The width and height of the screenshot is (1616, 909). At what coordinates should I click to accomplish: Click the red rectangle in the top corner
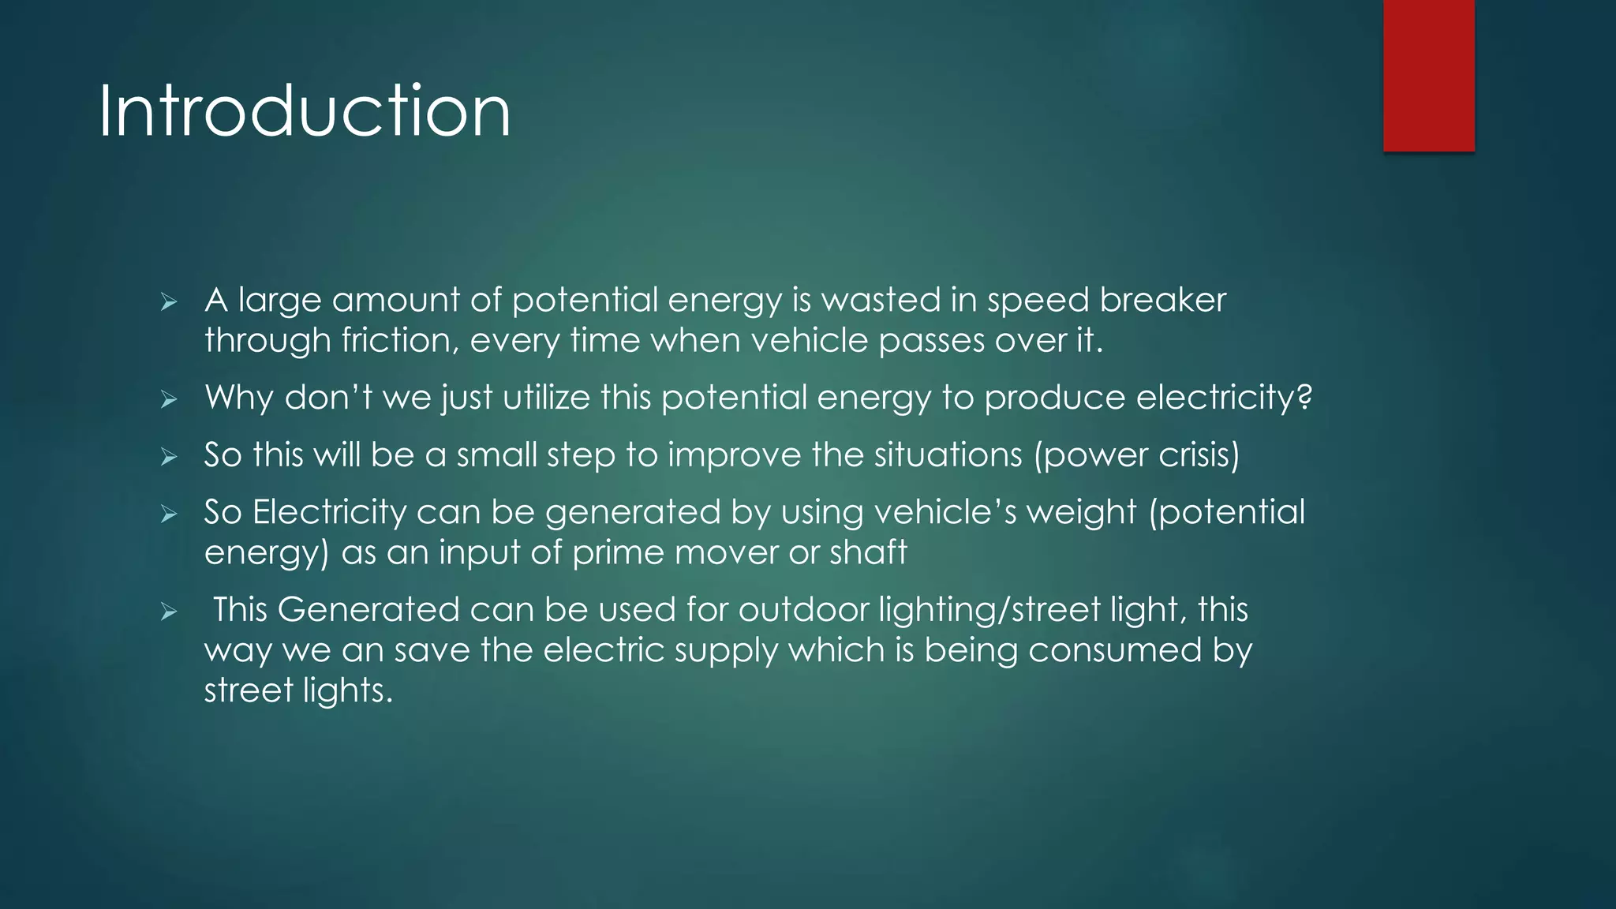(x=1428, y=76)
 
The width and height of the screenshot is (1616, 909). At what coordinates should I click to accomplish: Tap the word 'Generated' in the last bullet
(x=368, y=610)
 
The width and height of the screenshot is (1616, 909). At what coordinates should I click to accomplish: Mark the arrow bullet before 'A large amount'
(x=168, y=301)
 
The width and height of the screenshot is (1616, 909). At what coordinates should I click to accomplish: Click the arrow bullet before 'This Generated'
(x=168, y=612)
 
